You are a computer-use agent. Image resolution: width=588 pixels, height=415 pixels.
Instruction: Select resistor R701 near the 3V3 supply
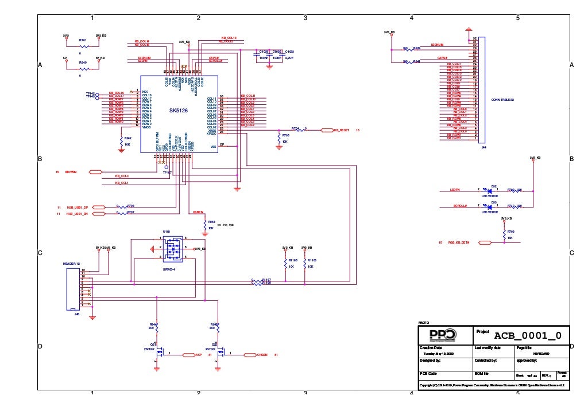84,45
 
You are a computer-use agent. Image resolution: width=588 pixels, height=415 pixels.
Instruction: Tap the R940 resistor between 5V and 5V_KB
84,68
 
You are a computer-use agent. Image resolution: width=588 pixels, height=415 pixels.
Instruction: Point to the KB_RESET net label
341,131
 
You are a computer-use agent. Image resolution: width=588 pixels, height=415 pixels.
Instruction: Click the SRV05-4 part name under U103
168,268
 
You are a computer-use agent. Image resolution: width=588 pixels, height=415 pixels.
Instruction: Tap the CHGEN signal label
262,355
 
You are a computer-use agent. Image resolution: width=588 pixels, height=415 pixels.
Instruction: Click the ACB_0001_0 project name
527,335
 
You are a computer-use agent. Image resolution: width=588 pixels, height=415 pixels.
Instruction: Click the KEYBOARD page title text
540,354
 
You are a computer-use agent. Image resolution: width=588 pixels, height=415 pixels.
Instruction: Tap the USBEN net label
199,212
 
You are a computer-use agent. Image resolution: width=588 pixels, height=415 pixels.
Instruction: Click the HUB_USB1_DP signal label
77,206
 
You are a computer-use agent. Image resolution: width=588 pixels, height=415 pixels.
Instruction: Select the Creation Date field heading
431,348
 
